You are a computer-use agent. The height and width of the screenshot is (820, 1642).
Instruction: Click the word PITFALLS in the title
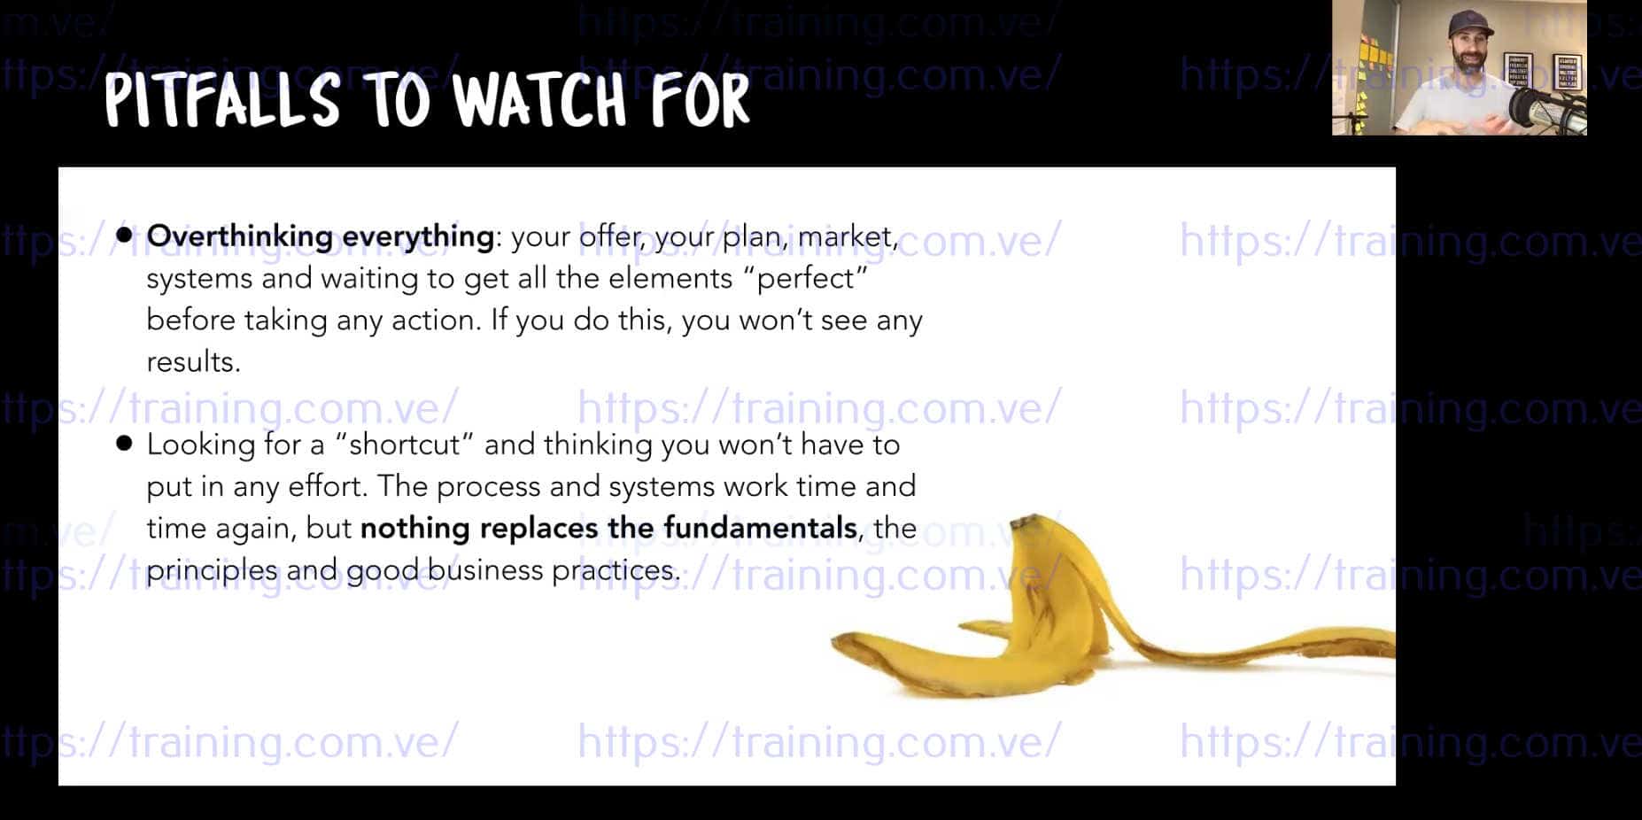coord(222,99)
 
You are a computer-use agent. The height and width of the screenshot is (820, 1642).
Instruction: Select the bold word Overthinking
coord(239,236)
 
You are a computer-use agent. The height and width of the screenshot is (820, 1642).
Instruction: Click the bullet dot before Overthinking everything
coord(124,235)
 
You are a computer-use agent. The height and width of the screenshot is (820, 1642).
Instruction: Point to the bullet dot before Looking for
coord(124,443)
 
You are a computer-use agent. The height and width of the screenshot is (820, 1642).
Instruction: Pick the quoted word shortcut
coord(406,444)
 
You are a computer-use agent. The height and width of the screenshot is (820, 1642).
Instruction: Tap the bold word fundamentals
coord(760,528)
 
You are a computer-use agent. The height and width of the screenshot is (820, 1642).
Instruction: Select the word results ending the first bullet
coord(193,361)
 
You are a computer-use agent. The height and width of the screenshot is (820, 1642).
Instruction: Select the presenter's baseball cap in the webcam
coord(1468,25)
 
